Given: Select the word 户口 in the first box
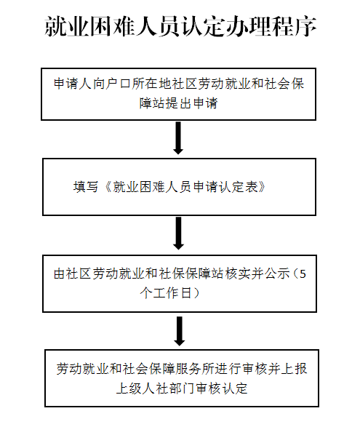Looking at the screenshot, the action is click(119, 84).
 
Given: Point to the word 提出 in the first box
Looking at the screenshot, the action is click(179, 103).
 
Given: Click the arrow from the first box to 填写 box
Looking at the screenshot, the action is click(178, 137).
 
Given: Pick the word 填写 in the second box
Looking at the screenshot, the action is click(86, 187).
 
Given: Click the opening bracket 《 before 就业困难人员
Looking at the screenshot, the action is click(108, 187).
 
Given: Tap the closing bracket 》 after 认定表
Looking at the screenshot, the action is click(262, 187).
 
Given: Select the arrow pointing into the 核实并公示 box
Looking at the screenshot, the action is click(179, 233).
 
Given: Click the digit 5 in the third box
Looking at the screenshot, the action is click(303, 274).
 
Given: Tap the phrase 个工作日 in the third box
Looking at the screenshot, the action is click(166, 293).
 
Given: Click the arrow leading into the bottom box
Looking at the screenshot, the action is click(179, 331).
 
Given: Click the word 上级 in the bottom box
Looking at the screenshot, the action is click(129, 388).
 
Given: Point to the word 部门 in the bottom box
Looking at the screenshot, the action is click(182, 388).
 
